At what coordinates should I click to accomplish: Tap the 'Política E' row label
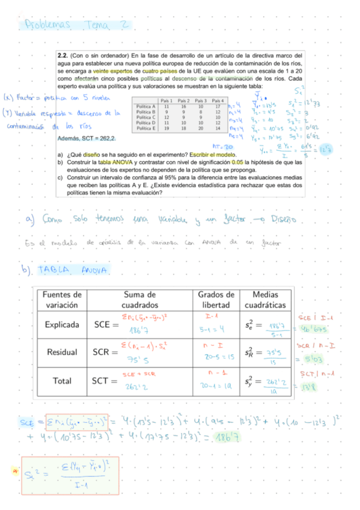(146, 128)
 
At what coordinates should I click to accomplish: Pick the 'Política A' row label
(146, 106)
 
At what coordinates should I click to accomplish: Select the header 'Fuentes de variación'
(61, 300)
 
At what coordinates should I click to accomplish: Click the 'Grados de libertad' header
(216, 300)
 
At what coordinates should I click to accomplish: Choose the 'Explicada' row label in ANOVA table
(62, 325)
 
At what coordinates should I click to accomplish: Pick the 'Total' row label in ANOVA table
(62, 380)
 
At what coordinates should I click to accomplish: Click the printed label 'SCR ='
(106, 352)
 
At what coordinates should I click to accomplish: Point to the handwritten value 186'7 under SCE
(139, 331)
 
